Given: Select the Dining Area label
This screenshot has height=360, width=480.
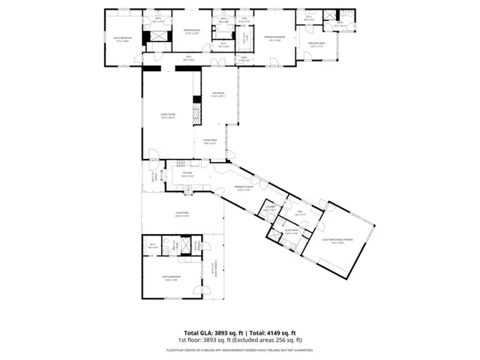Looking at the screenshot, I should coord(209,141).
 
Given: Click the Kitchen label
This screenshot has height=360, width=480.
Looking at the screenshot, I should coord(187,174).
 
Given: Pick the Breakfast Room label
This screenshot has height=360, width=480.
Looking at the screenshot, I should coord(245,188).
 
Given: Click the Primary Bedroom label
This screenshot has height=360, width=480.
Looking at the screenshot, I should coord(273,38).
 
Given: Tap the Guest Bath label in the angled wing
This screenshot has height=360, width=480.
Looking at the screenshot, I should coord(291,232).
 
